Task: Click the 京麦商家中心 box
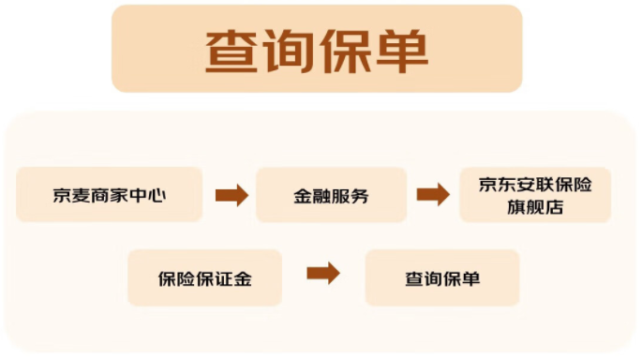tap(110, 195)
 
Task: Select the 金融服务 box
tap(331, 195)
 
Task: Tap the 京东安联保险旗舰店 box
tap(534, 195)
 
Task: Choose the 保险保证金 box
tap(204, 278)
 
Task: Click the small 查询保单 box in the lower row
tap(441, 278)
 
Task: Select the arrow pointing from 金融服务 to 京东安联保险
tap(433, 195)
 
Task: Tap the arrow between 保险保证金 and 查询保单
tap(323, 274)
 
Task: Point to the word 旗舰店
tap(534, 207)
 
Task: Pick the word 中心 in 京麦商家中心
tap(151, 195)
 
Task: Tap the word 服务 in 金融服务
tap(351, 195)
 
